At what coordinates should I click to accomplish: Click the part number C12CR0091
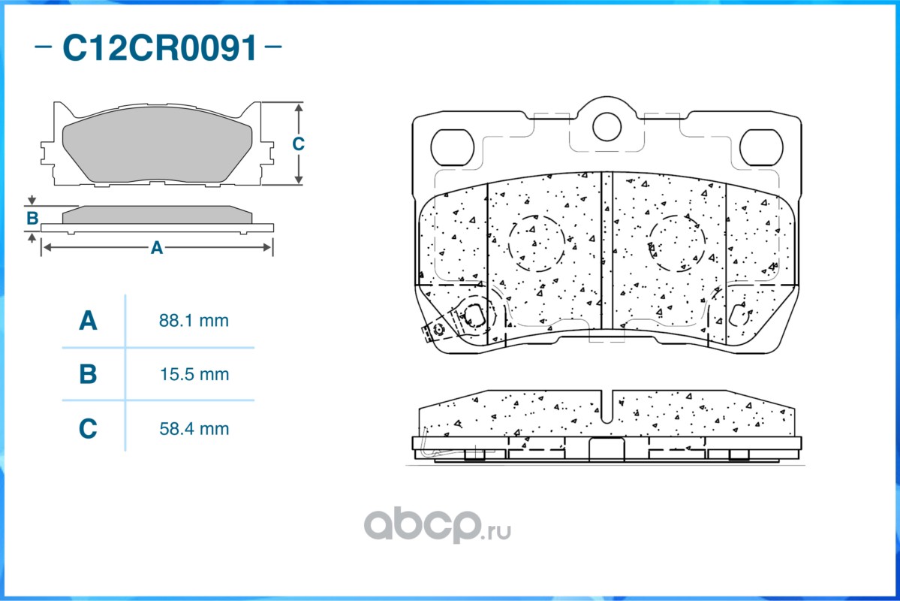point(159,48)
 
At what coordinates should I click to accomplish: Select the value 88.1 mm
point(194,321)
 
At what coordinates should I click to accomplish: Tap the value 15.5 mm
point(194,374)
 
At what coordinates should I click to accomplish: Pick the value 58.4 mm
point(194,429)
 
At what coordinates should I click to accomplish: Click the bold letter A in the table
point(88,321)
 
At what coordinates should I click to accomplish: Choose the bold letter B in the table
point(88,374)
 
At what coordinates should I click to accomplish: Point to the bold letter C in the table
point(88,429)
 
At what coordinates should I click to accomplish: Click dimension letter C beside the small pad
point(298,143)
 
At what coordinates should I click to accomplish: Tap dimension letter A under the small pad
point(156,247)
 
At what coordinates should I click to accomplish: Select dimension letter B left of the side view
point(32,219)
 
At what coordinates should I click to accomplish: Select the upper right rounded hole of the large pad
point(761,146)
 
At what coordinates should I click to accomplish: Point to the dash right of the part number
point(274,47)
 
